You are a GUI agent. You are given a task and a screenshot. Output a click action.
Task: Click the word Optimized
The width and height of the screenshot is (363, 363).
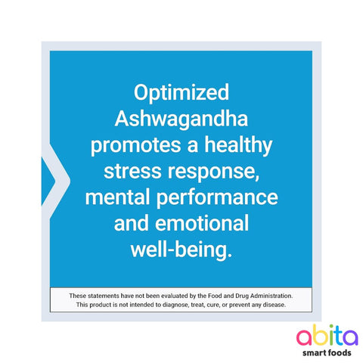click(x=181, y=93)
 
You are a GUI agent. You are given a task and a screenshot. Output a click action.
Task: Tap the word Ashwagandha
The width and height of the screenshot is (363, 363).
click(x=181, y=119)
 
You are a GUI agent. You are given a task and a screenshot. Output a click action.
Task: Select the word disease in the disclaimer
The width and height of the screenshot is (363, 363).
click(x=271, y=305)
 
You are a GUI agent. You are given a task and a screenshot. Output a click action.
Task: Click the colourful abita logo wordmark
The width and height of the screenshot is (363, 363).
click(x=317, y=336)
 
